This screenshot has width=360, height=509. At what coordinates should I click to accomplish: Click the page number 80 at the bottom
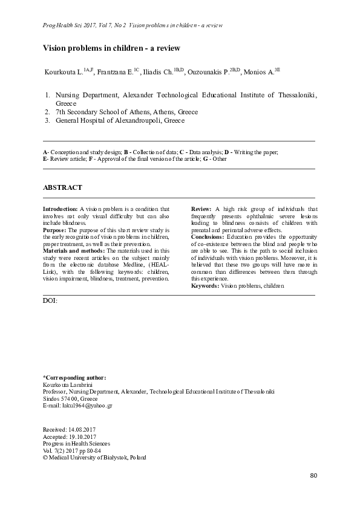pyautogui.click(x=313, y=475)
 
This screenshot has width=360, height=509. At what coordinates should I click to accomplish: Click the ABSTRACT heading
pyautogui.click(x=62, y=188)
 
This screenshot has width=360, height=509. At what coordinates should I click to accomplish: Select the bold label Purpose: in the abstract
pyautogui.click(x=55, y=230)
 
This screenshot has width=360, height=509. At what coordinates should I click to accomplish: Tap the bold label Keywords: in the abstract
pyautogui.click(x=205, y=285)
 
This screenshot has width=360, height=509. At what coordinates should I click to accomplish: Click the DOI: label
pyautogui.click(x=51, y=300)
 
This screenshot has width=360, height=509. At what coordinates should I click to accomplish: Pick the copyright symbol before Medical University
pyautogui.click(x=46, y=458)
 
